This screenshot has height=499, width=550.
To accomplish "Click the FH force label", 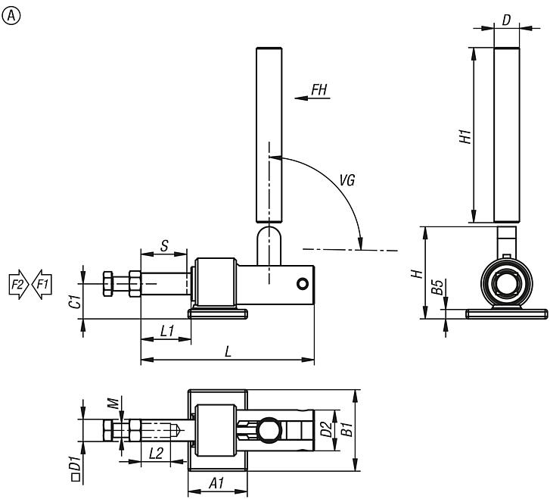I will [319, 90].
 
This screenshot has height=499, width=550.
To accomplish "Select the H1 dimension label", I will [465, 136].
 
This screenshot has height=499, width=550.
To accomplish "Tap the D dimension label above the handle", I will [506, 19].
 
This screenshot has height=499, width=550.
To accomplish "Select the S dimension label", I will [164, 245].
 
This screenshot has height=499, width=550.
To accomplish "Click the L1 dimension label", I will [167, 331].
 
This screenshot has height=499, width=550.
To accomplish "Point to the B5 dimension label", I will [437, 288].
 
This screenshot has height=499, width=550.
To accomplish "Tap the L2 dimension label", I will [157, 454].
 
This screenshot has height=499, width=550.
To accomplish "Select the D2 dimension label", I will [327, 430].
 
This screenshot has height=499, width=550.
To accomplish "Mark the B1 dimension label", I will [347, 430].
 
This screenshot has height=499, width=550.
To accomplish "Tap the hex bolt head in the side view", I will [108, 284].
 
